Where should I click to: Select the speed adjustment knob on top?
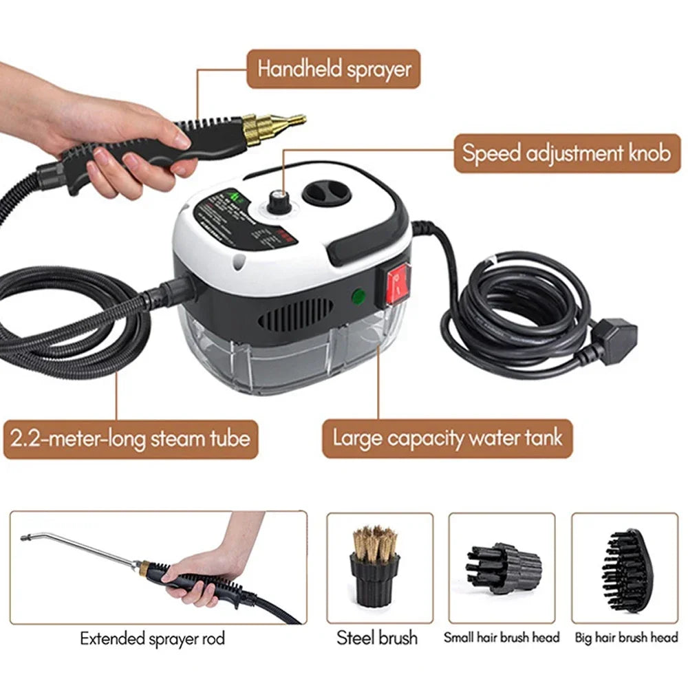pyautogui.click(x=278, y=200)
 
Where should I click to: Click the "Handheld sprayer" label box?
pyautogui.click(x=333, y=69)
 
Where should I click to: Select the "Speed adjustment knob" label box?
pyautogui.click(x=566, y=153)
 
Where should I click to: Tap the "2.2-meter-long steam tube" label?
pyautogui.click(x=130, y=438)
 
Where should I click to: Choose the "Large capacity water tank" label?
pyautogui.click(x=447, y=438)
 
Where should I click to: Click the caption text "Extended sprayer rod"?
pyautogui.click(x=152, y=638)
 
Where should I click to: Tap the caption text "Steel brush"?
pyautogui.click(x=377, y=638)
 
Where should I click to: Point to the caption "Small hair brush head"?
pyautogui.click(x=502, y=638)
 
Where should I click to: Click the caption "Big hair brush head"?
pyautogui.click(x=625, y=638)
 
